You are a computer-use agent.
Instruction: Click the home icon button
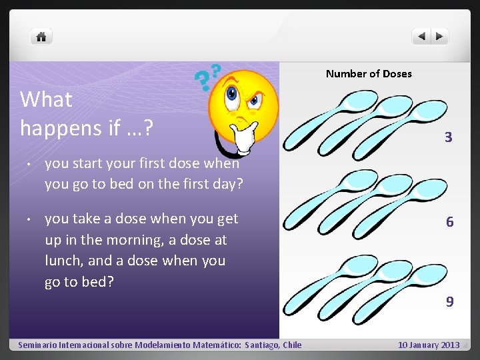[41, 37]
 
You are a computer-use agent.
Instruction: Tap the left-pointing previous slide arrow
[421, 37]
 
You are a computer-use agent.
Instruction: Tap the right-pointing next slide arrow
[440, 37]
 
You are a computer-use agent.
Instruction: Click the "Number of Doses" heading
[369, 74]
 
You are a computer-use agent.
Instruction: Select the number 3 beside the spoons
[449, 138]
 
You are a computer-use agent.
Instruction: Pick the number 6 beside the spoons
[450, 222]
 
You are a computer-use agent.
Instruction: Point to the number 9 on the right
[450, 302]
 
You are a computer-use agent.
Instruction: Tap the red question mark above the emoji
[215, 70]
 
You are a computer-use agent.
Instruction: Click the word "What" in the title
[46, 100]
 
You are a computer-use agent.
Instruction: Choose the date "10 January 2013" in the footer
[429, 345]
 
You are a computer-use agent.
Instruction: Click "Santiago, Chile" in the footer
[273, 345]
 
